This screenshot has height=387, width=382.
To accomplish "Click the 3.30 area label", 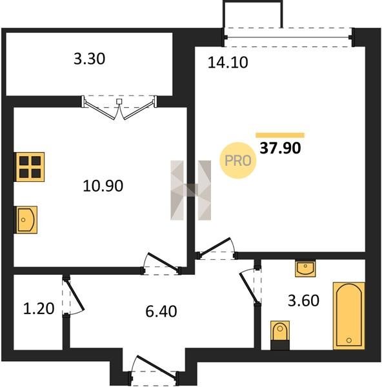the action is coord(90,59).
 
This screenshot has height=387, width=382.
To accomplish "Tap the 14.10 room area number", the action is coord(228,63).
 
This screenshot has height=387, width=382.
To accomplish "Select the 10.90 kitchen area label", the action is coord(103,186).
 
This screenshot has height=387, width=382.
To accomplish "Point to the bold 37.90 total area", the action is coord(280,148).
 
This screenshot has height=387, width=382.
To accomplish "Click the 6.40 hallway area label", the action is coord(161,312).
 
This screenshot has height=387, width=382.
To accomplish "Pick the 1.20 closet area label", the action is coord(39,309).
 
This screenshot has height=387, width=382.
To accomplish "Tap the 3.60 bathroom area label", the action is coord(303,301).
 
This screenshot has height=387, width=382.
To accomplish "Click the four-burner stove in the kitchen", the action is coord(30,167).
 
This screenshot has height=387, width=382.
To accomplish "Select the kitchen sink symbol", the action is coord(26,220).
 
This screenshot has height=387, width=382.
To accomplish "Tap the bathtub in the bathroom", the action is coord(349,315).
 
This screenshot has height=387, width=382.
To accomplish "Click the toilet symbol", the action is coord(280,335).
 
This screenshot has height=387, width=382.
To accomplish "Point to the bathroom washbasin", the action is coord(305,268).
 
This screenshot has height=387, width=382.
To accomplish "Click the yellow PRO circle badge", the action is coord(238,161).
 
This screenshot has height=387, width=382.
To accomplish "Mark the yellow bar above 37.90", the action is coord(280,135).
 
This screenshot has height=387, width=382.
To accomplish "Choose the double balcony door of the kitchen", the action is coord(119,108).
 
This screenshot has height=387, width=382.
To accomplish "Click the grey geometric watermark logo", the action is coord(190,190).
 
